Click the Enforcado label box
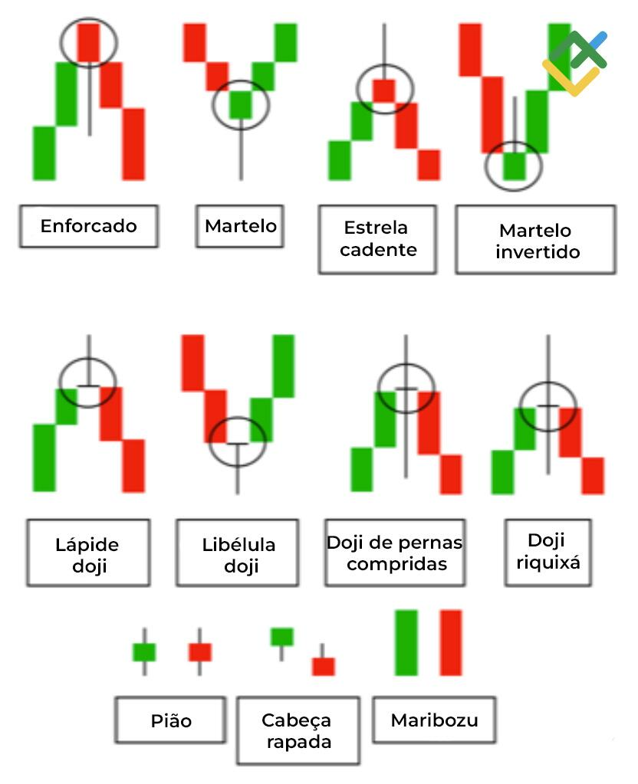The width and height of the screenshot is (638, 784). coord(89,226)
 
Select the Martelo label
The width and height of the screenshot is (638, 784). coord(240,226)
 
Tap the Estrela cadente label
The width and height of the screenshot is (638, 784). coord(378,239)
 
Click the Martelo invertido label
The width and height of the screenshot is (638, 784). coord(536,240)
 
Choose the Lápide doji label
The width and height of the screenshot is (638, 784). coord(88,553)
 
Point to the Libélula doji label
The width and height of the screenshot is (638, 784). coord(238,553)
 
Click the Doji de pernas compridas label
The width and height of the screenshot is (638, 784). coord(395,553)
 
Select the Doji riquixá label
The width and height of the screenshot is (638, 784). coord(548,552)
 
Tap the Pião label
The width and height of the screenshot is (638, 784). coord(171,720)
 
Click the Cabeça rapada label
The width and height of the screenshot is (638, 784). coord(298,730)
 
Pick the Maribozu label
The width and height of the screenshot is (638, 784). coord(434,720)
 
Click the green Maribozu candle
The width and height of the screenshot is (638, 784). coord(406,642)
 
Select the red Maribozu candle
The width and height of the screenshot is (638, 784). coord(451,642)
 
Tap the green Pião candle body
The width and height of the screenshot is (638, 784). coord(144,652)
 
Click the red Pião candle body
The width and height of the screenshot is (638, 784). coord(199,652)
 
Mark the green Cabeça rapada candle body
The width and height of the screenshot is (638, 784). coord(281,637)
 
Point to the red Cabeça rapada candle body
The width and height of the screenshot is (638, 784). coord(324,667)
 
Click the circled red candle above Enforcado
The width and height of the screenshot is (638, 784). coord(89,42)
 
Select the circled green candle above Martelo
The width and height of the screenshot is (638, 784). coord(241,104)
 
